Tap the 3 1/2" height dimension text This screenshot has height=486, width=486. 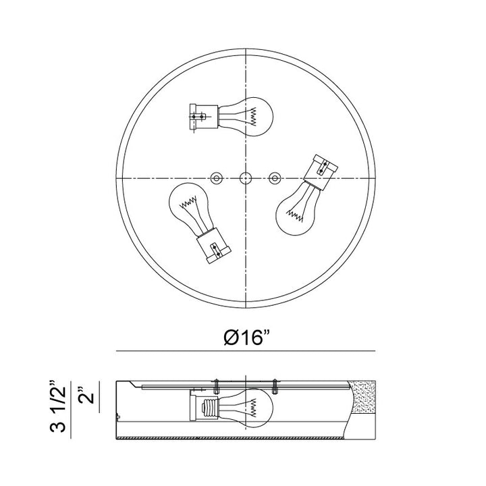[58, 406]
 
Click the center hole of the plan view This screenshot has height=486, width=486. [246, 178]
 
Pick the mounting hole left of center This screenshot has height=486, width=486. [217, 178]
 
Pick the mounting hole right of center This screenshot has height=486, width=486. [274, 178]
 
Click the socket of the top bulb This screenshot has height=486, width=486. [204, 117]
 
